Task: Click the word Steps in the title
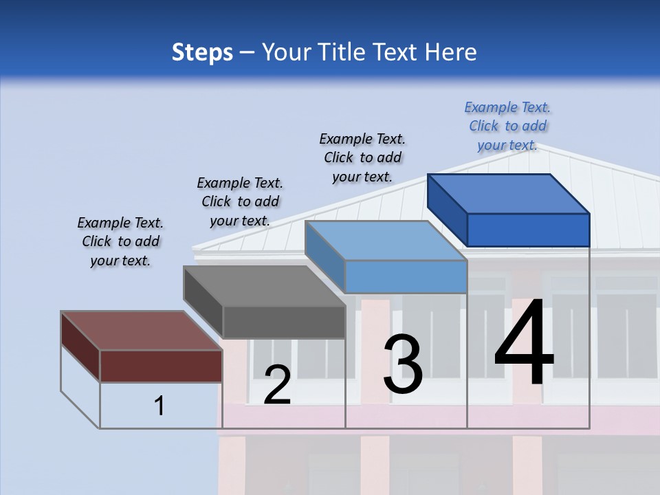point(202,52)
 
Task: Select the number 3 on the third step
point(403,364)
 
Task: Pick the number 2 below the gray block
point(277,385)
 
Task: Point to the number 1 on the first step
point(159,406)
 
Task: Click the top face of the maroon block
point(141,331)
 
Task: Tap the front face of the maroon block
point(161,366)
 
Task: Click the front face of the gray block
point(283,322)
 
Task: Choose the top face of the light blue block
point(385,241)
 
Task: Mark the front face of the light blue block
point(406,277)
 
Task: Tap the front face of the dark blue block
point(528,230)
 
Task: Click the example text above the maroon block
point(120,242)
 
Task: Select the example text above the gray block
point(240,202)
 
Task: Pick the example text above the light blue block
point(362,158)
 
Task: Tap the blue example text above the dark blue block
point(507,126)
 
